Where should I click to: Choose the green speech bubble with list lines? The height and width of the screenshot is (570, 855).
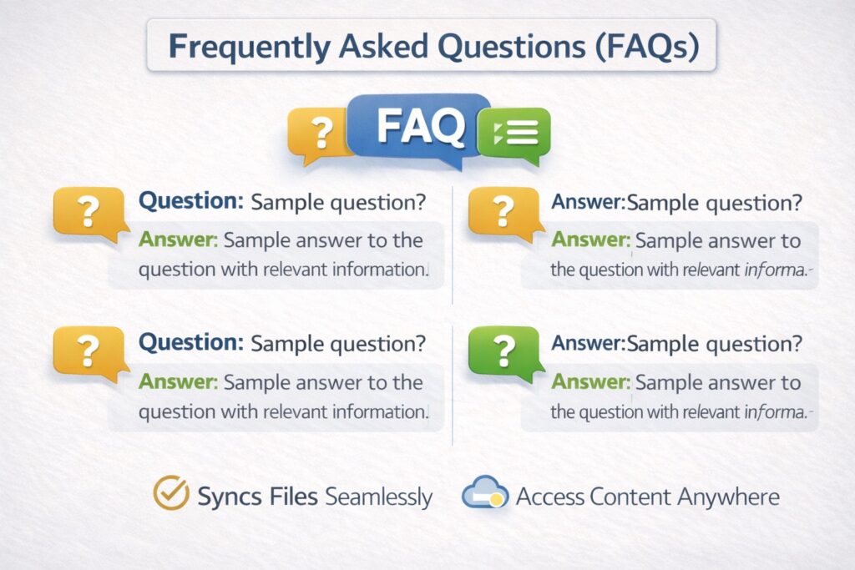point(514,133)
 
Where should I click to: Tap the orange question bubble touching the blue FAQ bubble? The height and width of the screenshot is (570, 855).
point(321,134)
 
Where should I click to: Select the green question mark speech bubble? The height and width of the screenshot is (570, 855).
point(501,351)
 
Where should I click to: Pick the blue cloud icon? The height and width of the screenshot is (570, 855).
point(483,493)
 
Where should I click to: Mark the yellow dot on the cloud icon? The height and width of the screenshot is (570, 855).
point(497,499)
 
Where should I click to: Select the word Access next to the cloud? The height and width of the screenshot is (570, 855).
point(549,497)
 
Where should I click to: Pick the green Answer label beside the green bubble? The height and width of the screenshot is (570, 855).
point(590,382)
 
